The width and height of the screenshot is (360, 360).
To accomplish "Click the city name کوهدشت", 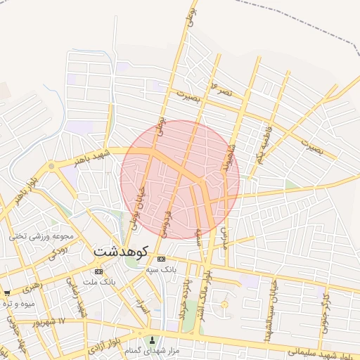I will (x=120, y=251).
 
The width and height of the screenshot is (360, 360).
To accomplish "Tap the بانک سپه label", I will (x=161, y=269).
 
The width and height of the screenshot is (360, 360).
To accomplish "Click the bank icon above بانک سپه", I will (x=161, y=259).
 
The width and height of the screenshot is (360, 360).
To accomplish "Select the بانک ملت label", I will (x=98, y=281).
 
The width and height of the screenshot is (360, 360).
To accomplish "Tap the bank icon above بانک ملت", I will (x=98, y=271).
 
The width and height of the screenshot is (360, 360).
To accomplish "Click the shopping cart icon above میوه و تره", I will (x=7, y=292).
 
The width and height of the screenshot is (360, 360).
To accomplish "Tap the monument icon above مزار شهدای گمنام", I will (x=151, y=340).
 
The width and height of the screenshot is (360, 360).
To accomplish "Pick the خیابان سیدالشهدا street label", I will (x=270, y=310).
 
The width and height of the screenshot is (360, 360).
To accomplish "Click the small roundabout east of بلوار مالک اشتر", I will (x=224, y=304).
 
